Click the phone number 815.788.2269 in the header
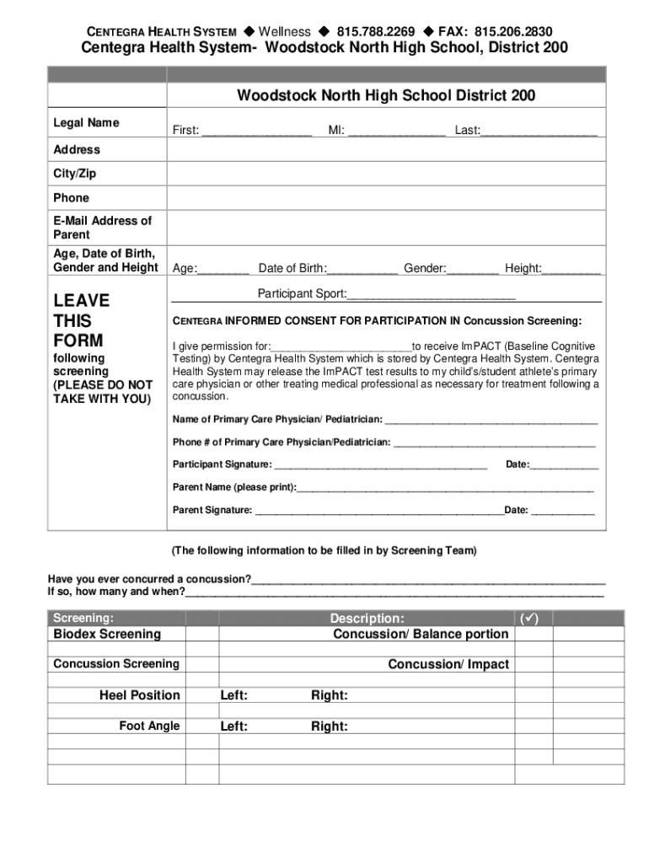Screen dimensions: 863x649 point(375,32)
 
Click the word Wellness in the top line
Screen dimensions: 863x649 point(284,32)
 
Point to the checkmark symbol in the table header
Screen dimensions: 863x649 point(529,619)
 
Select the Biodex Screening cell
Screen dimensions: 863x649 point(107,634)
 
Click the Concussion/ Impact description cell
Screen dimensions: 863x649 point(448,664)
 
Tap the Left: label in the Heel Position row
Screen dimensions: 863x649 point(234,695)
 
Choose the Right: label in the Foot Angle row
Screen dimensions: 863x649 point(330,726)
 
